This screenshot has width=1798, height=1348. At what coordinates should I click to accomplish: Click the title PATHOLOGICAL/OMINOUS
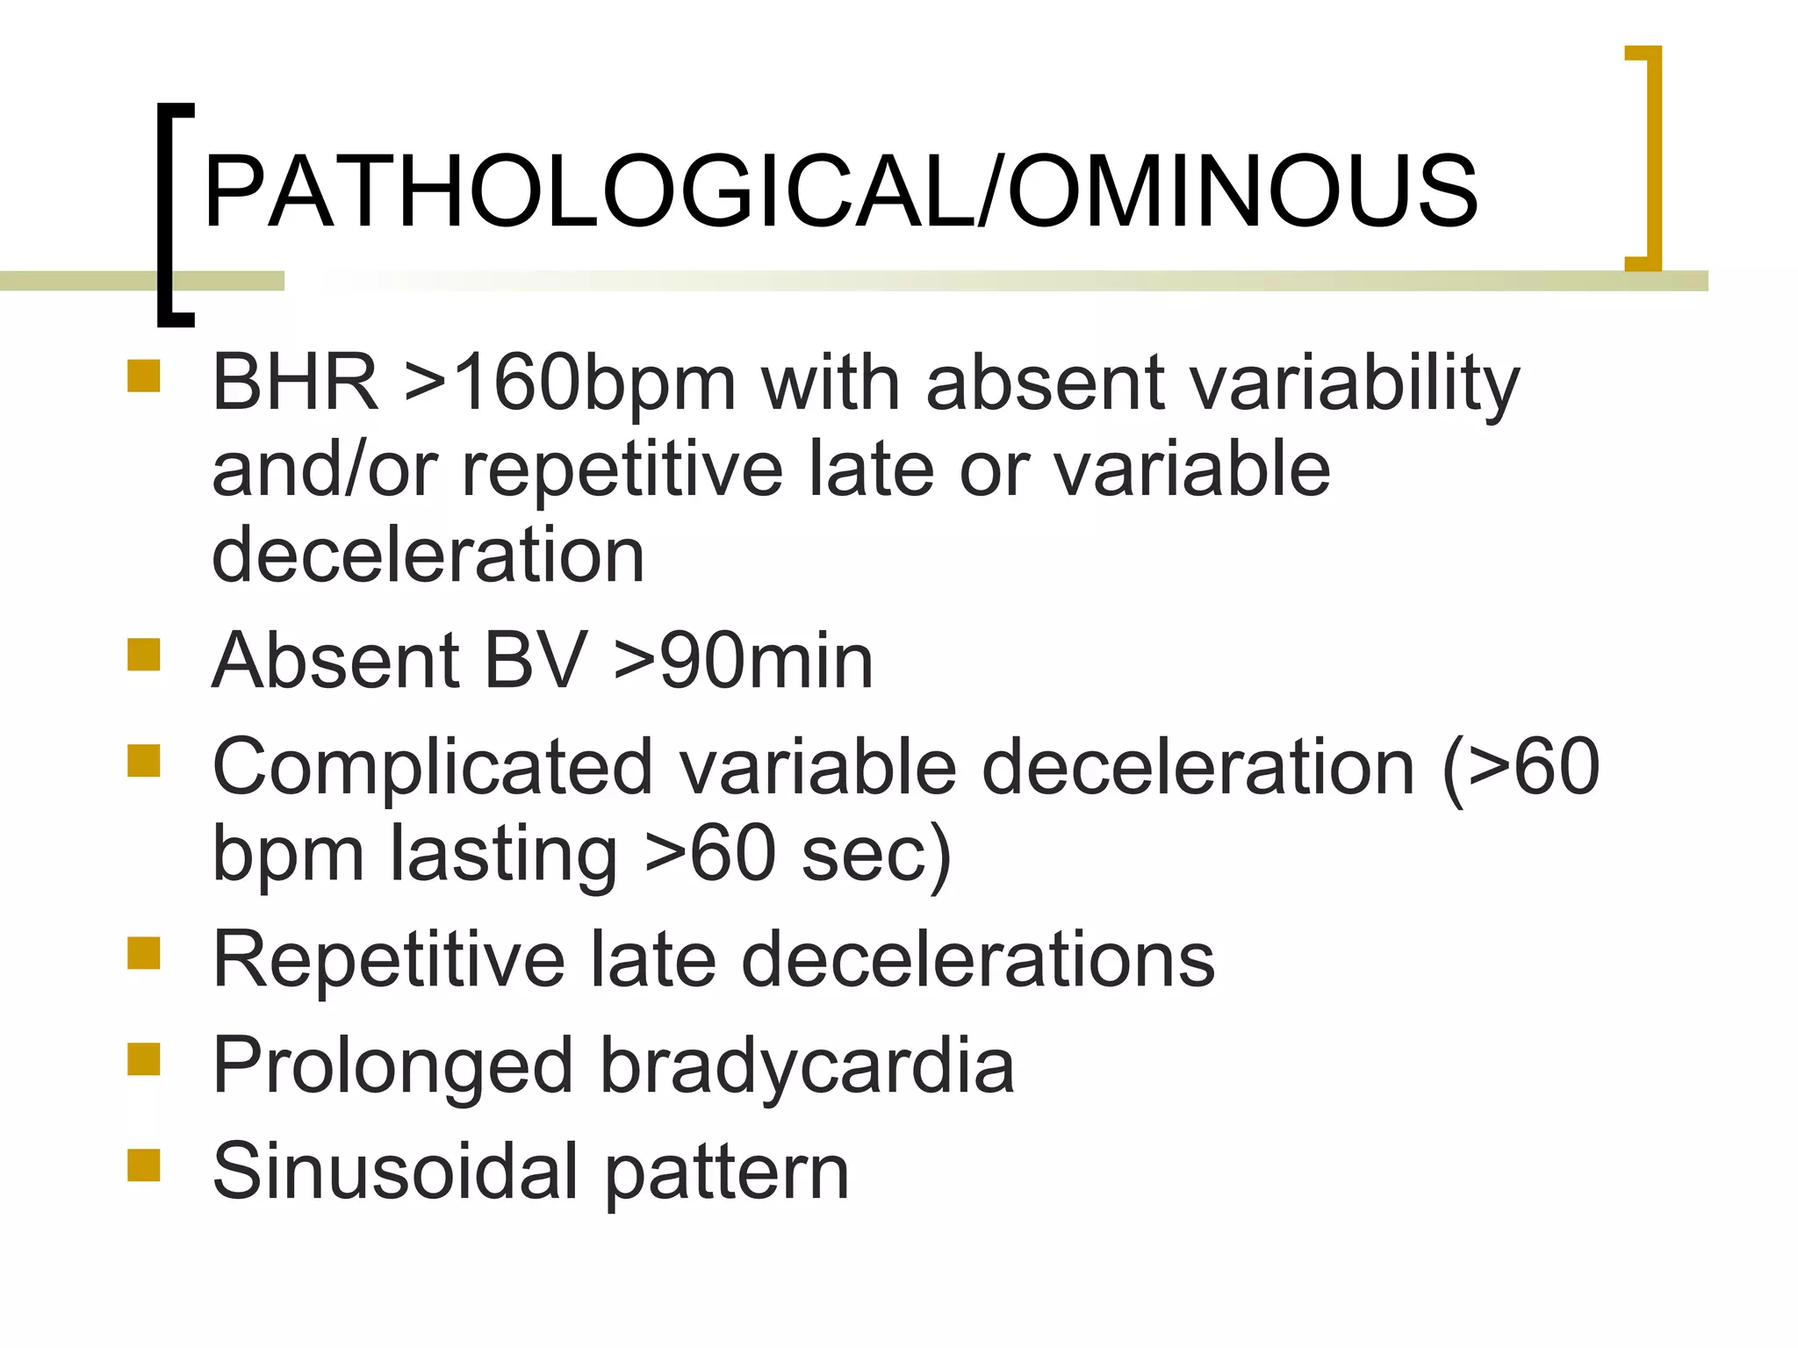pos(840,191)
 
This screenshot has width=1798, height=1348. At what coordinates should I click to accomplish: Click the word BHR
pos(295,383)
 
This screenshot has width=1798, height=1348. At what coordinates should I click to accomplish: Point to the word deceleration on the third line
pos(428,555)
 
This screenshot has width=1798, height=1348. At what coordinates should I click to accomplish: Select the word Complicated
pos(433,767)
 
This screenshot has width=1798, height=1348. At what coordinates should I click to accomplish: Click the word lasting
pos(503,853)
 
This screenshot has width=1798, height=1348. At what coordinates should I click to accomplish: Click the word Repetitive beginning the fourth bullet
pos(389,960)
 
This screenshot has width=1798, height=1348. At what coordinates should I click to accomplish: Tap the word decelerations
pos(978,960)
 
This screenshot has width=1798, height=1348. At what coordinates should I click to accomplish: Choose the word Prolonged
pos(392,1065)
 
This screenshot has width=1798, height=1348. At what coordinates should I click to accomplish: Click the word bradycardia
pos(807,1065)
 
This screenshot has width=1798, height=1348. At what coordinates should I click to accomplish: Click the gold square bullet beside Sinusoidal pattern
pos(144,1165)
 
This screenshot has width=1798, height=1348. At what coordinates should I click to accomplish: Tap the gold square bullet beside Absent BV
pos(144,655)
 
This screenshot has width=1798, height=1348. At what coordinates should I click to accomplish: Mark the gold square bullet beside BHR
pos(144,376)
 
